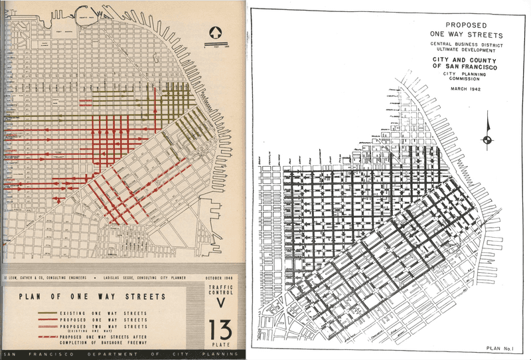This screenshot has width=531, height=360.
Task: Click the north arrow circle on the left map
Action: [x=214, y=31]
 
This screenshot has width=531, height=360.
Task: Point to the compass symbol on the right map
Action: [x=488, y=138]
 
